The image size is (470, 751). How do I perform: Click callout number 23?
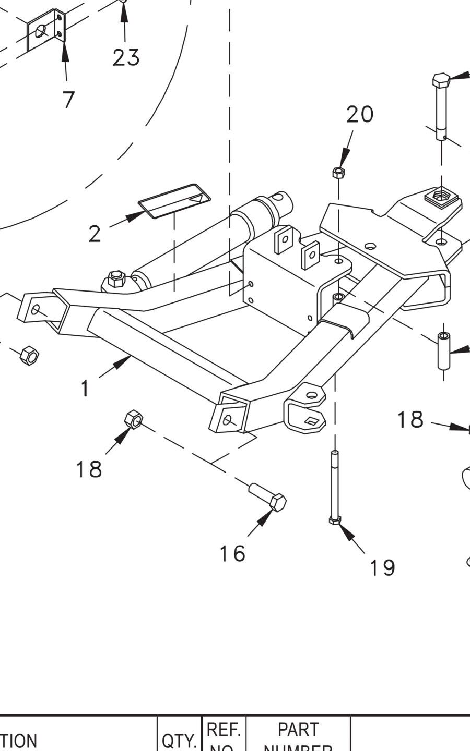click(x=126, y=57)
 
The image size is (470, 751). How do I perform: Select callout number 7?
click(x=68, y=99)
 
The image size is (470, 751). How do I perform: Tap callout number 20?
click(x=360, y=114)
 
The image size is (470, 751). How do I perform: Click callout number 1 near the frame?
click(x=85, y=388)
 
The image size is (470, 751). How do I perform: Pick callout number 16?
click(x=232, y=553)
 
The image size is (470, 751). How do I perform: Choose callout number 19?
click(x=382, y=567)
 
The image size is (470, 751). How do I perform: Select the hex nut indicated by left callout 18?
click(x=134, y=419)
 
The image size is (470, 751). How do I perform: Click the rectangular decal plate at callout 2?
click(x=174, y=200)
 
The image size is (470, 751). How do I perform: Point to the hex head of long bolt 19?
click(x=335, y=519)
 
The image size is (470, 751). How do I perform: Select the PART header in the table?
click(x=298, y=729)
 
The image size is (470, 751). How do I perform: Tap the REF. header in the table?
click(x=224, y=729)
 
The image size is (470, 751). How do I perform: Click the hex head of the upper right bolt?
click(x=441, y=81)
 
